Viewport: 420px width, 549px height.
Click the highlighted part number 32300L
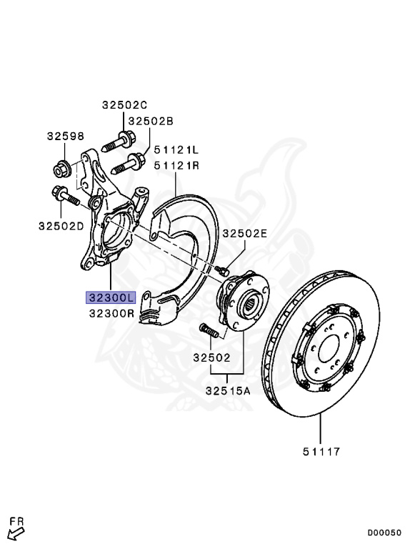(x=111, y=298)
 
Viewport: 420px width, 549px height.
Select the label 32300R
(x=111, y=313)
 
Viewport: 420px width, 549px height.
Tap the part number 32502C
(x=124, y=104)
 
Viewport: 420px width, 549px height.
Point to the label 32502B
(x=151, y=121)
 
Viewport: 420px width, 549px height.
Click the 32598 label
(x=66, y=136)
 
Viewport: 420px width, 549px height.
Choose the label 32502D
(x=61, y=226)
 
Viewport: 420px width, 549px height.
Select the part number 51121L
(x=176, y=150)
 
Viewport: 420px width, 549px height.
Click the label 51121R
(x=176, y=165)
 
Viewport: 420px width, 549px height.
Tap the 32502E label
(x=245, y=233)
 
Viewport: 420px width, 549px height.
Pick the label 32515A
(x=228, y=390)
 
